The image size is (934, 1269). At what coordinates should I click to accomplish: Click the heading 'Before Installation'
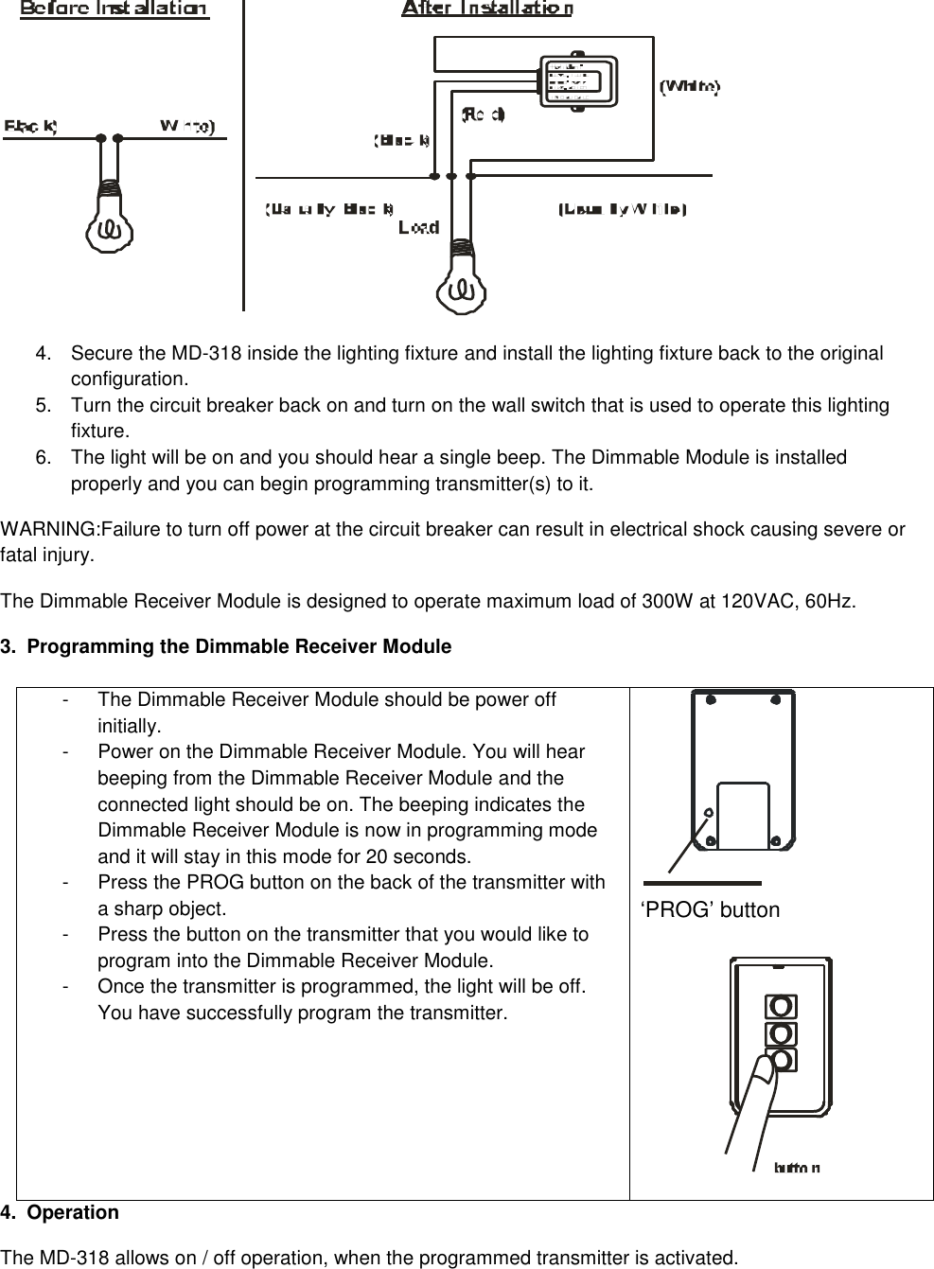(115, 9)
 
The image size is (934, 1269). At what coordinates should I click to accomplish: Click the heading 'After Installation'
(486, 9)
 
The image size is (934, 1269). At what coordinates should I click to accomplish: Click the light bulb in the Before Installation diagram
(111, 219)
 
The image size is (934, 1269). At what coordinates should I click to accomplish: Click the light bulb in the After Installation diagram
(462, 279)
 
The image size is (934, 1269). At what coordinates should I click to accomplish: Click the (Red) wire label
(483, 115)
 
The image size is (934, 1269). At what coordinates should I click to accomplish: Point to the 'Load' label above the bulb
(418, 227)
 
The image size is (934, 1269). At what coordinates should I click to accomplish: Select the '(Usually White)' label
(622, 208)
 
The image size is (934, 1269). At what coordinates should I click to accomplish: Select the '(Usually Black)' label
(329, 208)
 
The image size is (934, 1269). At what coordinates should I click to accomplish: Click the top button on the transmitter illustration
(783, 1005)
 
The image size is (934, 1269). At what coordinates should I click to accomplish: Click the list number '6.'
(44, 458)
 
